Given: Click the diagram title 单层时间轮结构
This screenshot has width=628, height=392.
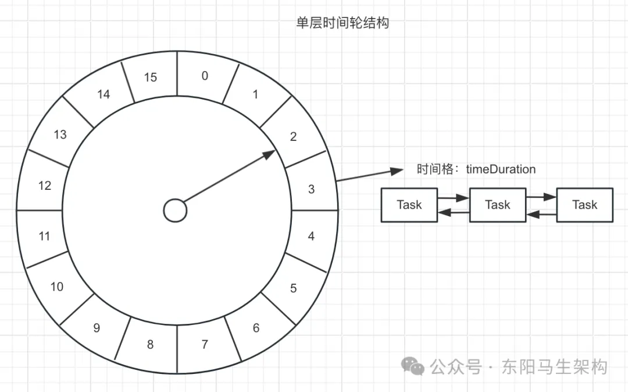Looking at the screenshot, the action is pos(342,23).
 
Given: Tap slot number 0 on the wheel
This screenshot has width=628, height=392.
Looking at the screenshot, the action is pos(205,76).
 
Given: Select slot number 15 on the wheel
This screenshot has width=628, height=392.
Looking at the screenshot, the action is pos(151,77).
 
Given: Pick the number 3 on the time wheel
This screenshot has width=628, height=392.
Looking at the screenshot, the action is pos(311,189).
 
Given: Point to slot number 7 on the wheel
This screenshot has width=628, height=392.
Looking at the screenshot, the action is pos(205,344).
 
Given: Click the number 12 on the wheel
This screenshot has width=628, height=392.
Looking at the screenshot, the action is pos(45,185).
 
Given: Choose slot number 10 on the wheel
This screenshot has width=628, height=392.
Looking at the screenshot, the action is pos(57,287).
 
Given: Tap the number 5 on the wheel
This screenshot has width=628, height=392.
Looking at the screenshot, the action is pos(293,288).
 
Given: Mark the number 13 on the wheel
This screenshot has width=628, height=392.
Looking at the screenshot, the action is pos(60,135).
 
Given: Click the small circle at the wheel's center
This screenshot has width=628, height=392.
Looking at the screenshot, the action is pos(176,210).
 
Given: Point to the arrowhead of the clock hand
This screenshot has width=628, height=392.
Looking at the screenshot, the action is pos(269,154).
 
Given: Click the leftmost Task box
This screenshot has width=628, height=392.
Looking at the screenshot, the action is pos(409,205).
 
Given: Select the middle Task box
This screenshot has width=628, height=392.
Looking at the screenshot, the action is pos(497,205).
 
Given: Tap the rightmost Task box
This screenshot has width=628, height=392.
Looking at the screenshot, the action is pos(585,205).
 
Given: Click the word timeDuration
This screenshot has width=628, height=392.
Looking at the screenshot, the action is pos(501,169).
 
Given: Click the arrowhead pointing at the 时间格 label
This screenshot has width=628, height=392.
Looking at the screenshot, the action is pos(397,171).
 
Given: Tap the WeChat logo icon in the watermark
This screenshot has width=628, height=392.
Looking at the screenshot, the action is pos(412,366).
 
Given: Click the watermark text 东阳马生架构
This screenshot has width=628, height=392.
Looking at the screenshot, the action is pos(555,367).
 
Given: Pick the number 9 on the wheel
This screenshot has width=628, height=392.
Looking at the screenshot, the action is pos(97,328).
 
